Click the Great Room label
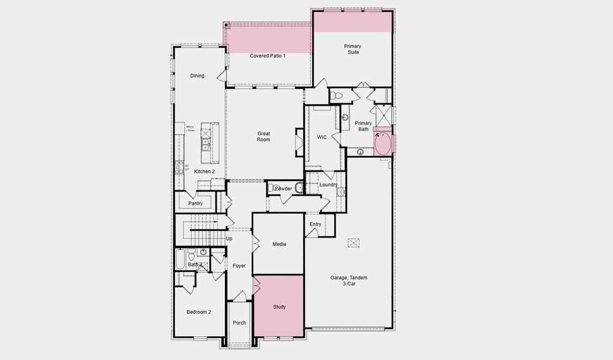264,137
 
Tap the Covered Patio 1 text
268,56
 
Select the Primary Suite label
352,49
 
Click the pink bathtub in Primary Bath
382,144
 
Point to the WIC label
322,137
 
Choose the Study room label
280,307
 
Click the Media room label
280,244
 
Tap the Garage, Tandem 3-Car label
348,281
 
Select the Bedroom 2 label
199,312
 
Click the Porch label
239,323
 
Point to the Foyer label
239,266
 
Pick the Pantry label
196,203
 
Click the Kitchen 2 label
204,172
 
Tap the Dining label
197,76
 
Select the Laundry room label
327,185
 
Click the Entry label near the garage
315,224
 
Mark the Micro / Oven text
190,128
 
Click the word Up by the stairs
229,239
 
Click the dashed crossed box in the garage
353,242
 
